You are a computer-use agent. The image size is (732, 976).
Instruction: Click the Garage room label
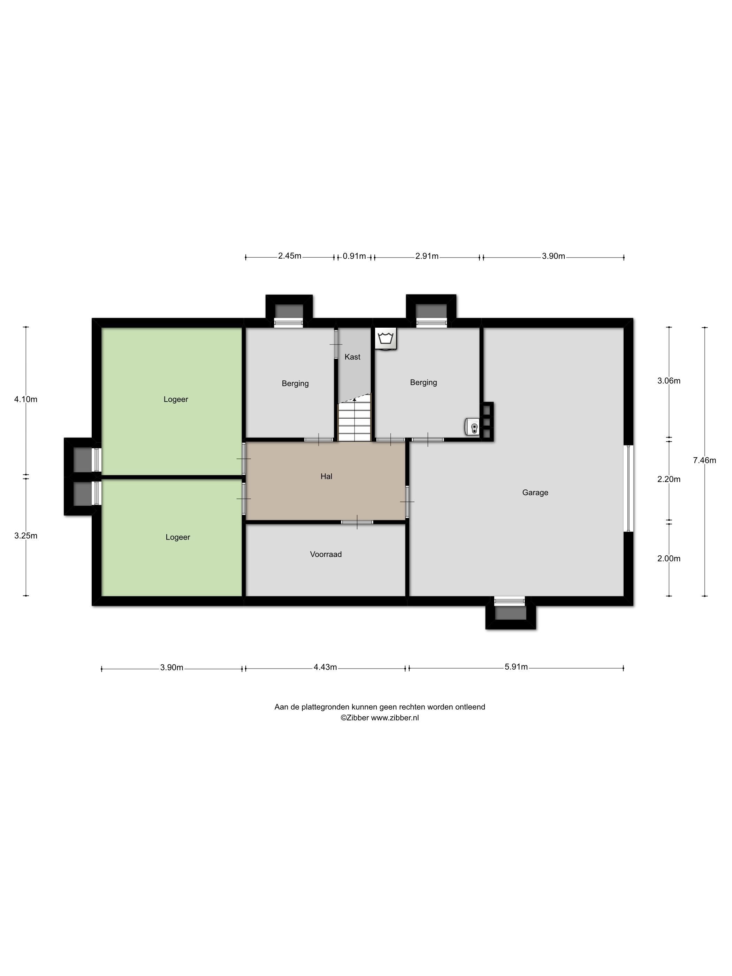point(535,493)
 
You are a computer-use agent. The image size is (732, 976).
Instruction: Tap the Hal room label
point(326,476)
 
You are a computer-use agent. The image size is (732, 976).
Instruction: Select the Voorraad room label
point(326,554)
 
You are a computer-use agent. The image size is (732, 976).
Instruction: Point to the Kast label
point(352,357)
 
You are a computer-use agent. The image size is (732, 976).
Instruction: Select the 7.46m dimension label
point(704,460)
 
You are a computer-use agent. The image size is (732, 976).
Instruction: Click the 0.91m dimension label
point(354,256)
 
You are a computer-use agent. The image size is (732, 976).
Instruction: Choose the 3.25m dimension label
point(25,536)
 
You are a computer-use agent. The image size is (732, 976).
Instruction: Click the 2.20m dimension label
point(669,479)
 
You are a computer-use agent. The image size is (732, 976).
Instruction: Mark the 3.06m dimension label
point(669,381)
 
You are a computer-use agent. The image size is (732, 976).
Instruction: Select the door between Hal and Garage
point(407,501)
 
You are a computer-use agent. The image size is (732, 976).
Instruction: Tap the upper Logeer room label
point(176,399)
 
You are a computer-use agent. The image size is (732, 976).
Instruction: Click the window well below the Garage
point(511,612)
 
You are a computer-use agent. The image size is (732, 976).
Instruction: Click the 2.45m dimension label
point(289,256)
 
